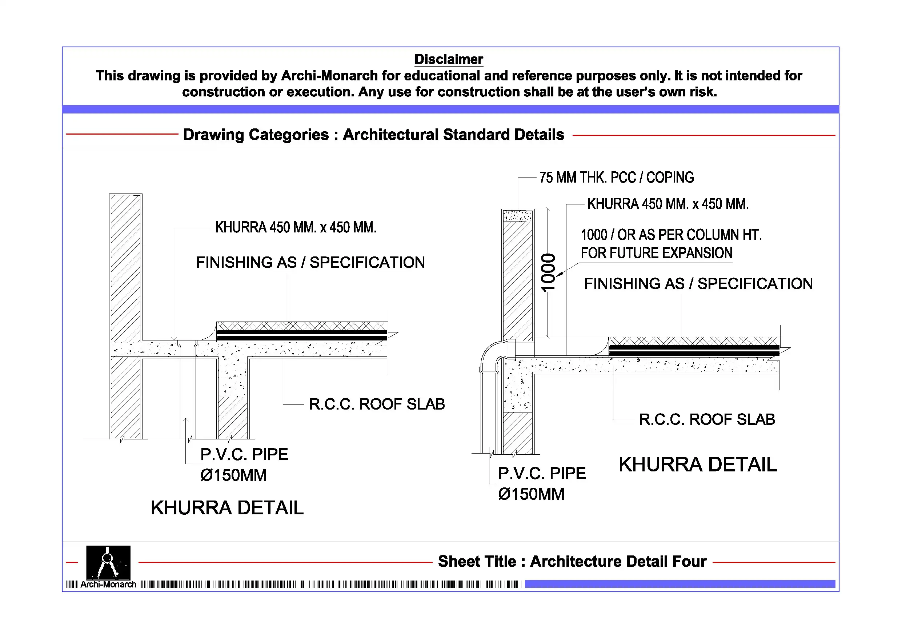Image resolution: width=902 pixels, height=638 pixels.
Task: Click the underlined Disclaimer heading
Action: click(x=448, y=59)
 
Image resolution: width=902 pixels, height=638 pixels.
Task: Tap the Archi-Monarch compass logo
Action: click(x=108, y=562)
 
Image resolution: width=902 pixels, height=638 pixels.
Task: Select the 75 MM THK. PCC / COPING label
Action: click(x=616, y=178)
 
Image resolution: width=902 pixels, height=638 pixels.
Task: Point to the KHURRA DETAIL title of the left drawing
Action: click(x=227, y=507)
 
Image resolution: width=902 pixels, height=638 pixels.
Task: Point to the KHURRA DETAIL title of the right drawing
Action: click(x=697, y=464)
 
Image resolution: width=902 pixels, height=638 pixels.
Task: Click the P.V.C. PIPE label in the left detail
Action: click(x=244, y=454)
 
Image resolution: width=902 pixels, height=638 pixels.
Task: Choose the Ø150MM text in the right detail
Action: click(x=531, y=494)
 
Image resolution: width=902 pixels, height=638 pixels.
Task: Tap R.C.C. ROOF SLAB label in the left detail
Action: click(x=376, y=404)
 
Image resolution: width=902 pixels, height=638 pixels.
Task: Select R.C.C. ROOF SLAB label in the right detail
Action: click(x=707, y=419)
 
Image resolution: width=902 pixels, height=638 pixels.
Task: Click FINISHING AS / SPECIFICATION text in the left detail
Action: click(x=310, y=262)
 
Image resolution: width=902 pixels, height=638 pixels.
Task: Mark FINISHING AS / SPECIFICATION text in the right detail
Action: click(x=698, y=283)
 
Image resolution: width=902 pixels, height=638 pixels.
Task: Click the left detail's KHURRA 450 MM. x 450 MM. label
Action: click(x=296, y=227)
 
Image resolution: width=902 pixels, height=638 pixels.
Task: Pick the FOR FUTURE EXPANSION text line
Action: click(x=656, y=253)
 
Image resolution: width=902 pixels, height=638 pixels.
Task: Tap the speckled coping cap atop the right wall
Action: click(x=518, y=216)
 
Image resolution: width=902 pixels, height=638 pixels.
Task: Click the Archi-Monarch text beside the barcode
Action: click(x=108, y=584)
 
